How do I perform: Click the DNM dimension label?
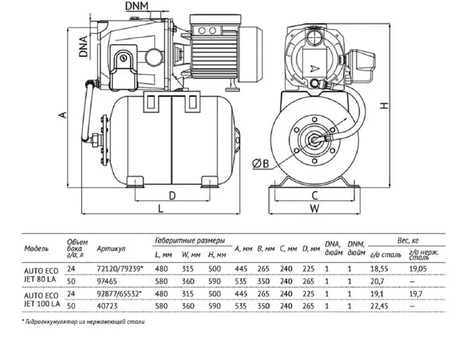coord(137,5)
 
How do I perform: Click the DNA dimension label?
coord(84,46)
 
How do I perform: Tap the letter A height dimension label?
coord(63,114)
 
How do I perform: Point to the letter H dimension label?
coord(385,105)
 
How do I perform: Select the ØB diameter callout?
coord(261,163)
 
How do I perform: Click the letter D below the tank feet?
coord(172,195)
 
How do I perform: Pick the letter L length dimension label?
coord(161,208)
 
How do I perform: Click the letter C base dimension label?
coord(314,195)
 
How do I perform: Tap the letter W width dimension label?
coord(314,208)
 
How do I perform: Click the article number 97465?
coord(107,282)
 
